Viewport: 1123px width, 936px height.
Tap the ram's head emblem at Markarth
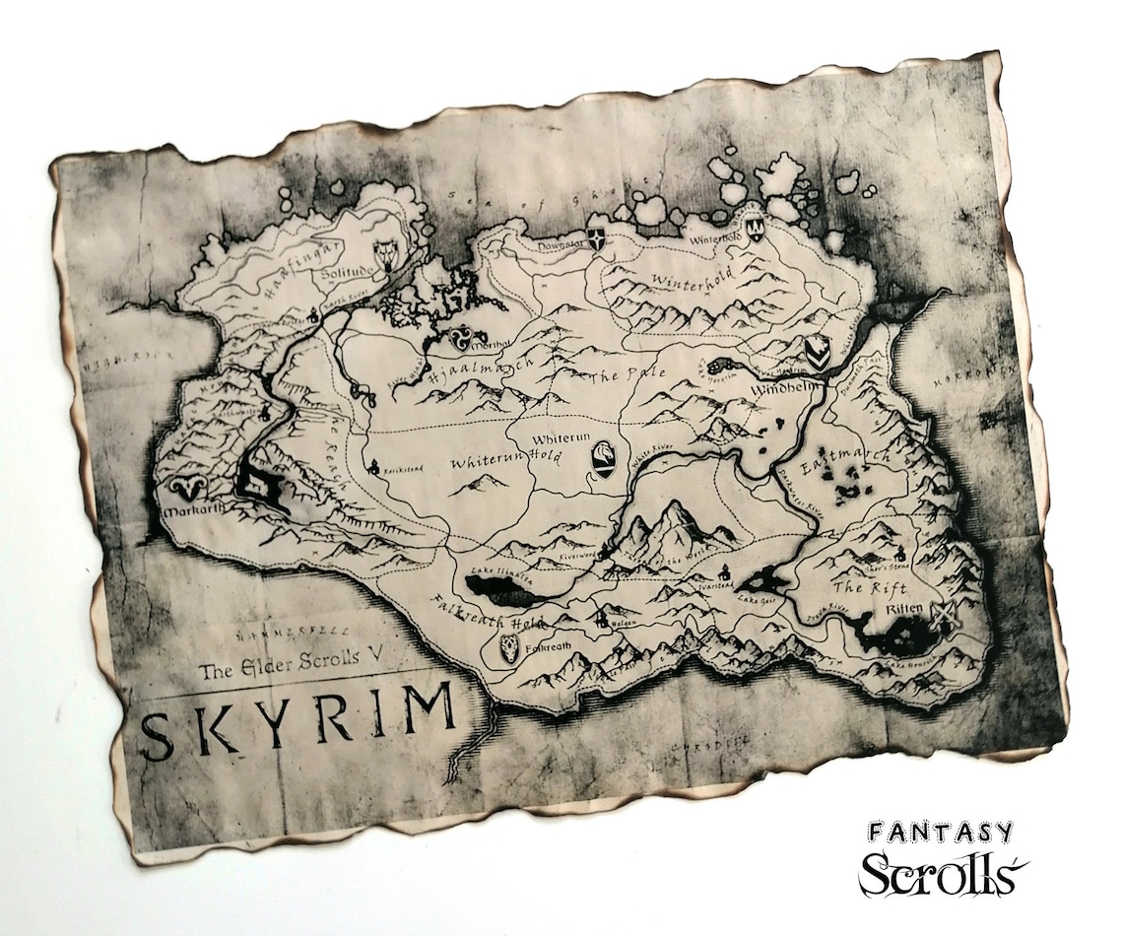[x=187, y=487]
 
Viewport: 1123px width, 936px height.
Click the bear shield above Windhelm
[x=815, y=349]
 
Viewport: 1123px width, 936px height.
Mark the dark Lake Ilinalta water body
[x=502, y=592]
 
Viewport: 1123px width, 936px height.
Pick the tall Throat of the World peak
[x=674, y=516]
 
